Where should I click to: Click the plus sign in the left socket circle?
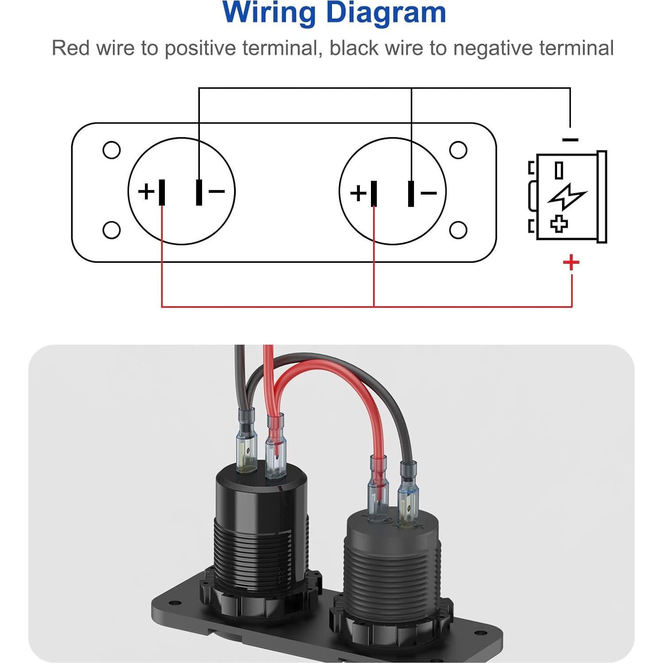tap(146, 192)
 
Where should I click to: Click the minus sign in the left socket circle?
tap(217, 191)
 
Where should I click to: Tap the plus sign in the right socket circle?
tap(358, 193)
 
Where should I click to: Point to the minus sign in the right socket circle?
tap(429, 193)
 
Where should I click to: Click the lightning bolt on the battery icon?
tap(567, 196)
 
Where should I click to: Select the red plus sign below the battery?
tap(571, 262)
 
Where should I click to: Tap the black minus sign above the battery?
tap(570, 140)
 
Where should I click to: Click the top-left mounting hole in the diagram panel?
tap(111, 150)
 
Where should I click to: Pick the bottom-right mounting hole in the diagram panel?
tap(458, 230)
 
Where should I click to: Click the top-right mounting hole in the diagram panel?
tap(458, 150)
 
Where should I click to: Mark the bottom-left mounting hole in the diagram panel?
tap(111, 230)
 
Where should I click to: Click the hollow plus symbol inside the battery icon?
tap(559, 224)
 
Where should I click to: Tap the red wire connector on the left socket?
tap(275, 448)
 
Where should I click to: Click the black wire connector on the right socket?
tap(407, 494)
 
